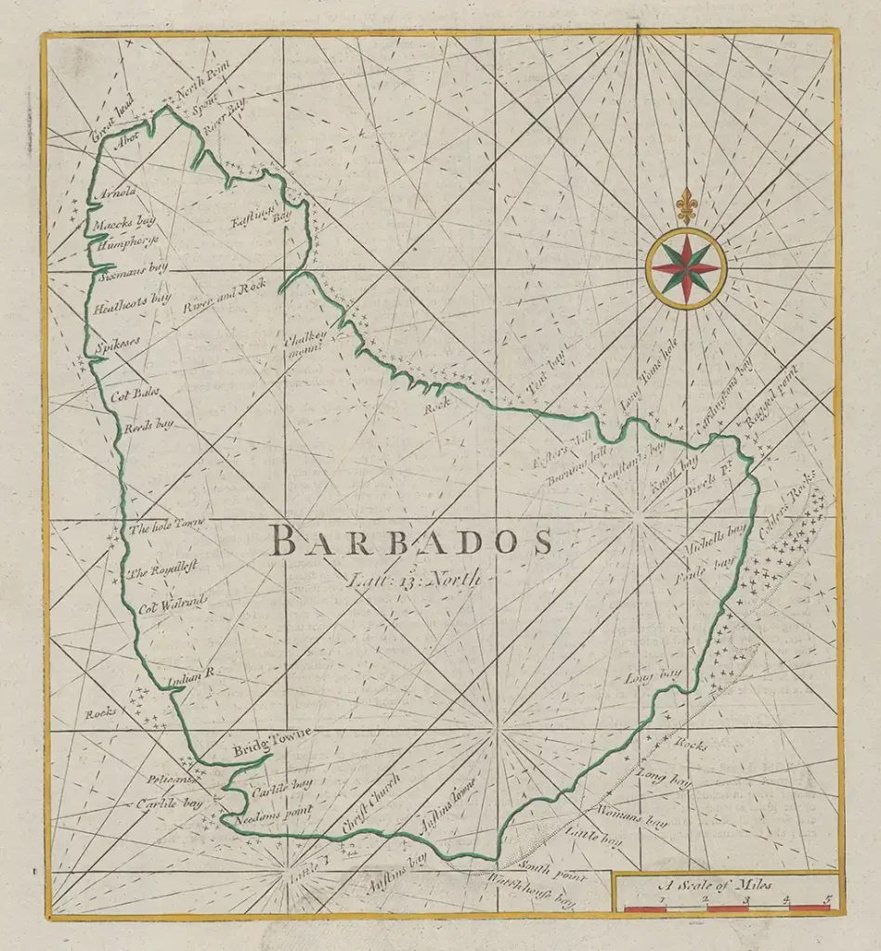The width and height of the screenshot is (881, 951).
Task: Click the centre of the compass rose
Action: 686,268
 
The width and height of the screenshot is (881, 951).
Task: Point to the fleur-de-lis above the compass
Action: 686,204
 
